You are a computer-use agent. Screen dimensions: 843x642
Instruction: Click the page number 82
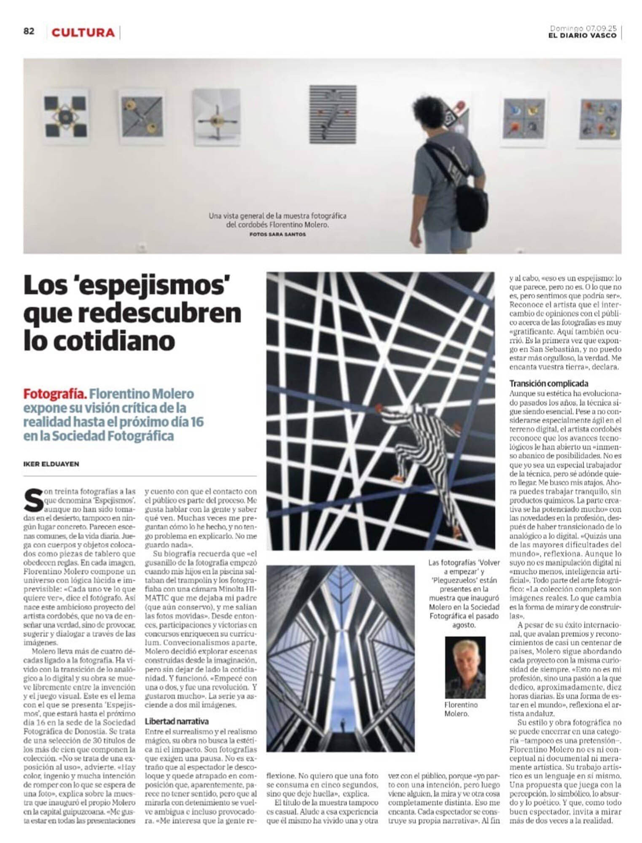click(x=29, y=32)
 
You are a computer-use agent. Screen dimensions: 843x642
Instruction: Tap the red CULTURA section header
click(x=83, y=33)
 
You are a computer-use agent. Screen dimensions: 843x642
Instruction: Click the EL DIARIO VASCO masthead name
click(x=582, y=36)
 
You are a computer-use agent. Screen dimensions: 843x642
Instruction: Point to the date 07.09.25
click(x=601, y=28)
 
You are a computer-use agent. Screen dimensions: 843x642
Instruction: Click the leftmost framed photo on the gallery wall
click(x=66, y=117)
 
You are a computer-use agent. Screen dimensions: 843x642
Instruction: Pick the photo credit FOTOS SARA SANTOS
click(x=277, y=234)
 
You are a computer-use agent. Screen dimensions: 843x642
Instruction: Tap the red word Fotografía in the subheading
click(x=55, y=394)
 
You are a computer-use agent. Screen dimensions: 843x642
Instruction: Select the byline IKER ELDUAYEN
click(x=51, y=464)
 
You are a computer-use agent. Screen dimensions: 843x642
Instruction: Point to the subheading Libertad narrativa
click(x=177, y=721)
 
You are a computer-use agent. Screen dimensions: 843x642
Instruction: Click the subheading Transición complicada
click(x=548, y=383)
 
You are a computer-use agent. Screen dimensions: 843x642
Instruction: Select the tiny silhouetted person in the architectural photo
click(x=343, y=725)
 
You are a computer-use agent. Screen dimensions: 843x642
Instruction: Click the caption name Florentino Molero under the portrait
click(x=461, y=709)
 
